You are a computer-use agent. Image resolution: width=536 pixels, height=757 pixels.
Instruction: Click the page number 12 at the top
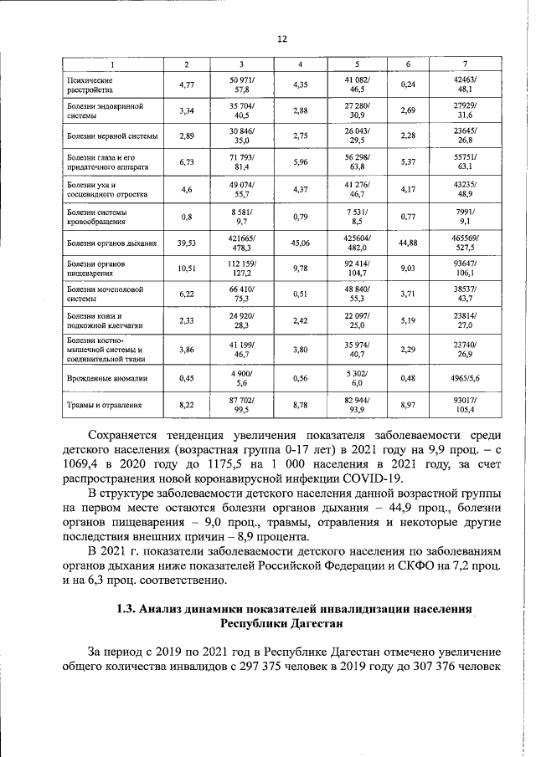[x=282, y=38]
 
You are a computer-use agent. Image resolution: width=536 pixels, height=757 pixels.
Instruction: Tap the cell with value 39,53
[x=186, y=243]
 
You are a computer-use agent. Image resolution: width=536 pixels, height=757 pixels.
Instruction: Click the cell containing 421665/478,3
[x=242, y=243]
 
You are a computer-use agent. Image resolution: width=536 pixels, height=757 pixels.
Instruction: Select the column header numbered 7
[x=463, y=64]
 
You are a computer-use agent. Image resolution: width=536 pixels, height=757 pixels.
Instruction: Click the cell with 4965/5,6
[x=463, y=378]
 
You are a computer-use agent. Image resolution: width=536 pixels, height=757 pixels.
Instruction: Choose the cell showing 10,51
[x=186, y=269]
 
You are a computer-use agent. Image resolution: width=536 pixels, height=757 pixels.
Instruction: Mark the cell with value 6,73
[x=186, y=162]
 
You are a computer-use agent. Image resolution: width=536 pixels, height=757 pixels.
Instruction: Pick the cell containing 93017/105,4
[x=463, y=406]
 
